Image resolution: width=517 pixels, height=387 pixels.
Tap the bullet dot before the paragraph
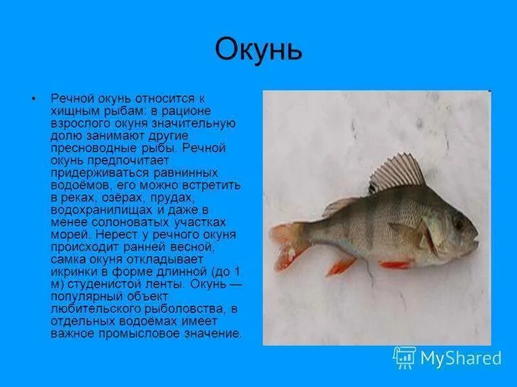click(33, 99)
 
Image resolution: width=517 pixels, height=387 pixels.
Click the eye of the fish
click(458, 222)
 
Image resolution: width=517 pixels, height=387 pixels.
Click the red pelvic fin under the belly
click(394, 264)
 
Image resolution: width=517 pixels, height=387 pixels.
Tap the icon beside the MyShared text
click(405, 357)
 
